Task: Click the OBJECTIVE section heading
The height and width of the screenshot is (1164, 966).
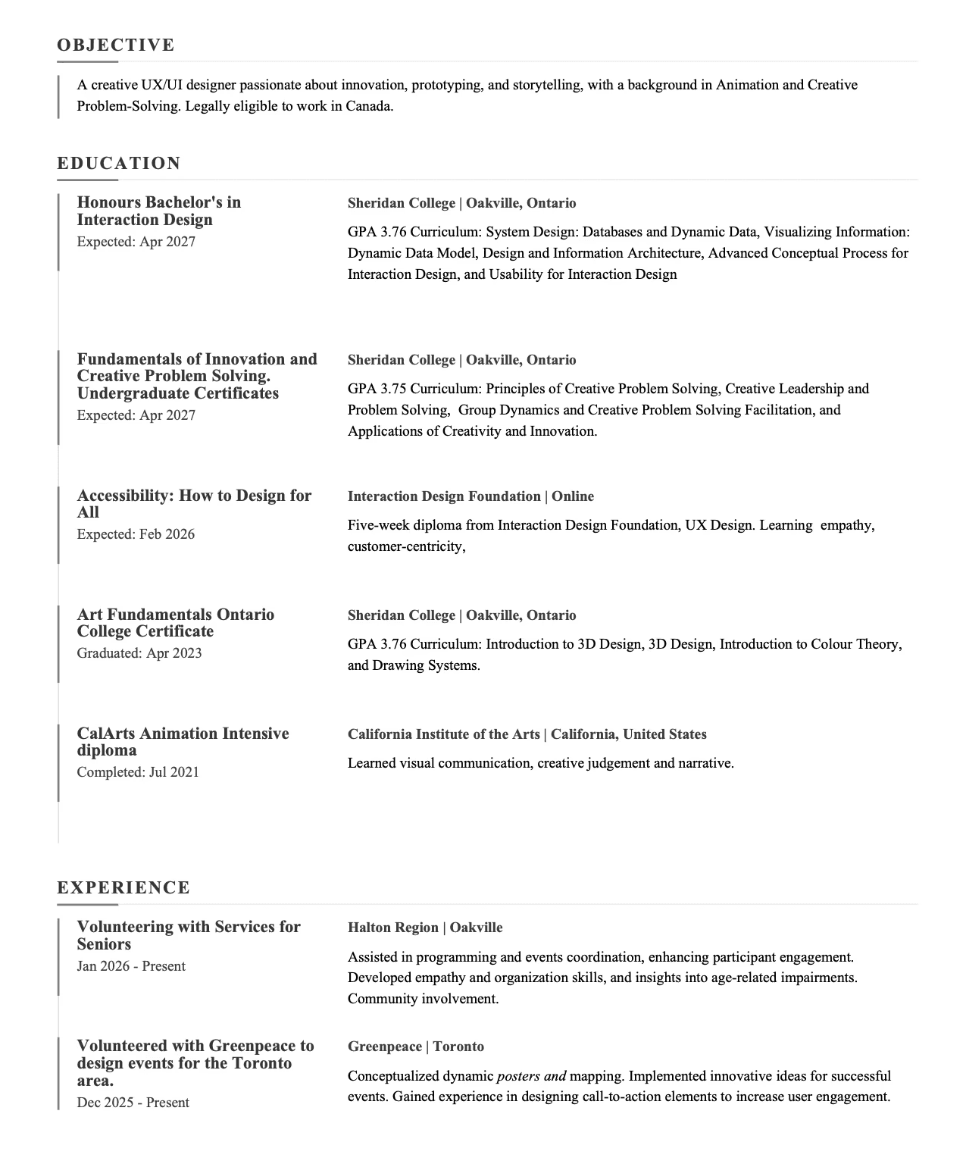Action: click(116, 45)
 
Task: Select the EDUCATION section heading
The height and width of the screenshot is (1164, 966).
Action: click(119, 163)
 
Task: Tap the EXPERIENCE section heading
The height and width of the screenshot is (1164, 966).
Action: click(123, 887)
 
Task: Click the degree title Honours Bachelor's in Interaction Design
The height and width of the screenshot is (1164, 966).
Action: click(159, 211)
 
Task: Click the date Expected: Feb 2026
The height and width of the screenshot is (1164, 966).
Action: click(136, 534)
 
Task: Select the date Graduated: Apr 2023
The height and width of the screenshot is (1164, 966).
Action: click(139, 653)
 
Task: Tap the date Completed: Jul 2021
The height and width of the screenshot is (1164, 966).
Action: click(138, 772)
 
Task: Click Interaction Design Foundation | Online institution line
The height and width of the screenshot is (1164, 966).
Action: click(470, 496)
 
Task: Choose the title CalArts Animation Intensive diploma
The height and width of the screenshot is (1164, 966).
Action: click(183, 742)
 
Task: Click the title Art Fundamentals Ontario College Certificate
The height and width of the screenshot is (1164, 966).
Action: click(175, 623)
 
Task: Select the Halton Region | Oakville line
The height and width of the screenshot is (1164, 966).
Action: click(425, 928)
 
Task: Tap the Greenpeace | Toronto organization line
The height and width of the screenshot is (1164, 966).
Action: click(416, 1047)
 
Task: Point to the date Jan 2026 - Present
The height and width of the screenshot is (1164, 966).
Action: click(131, 966)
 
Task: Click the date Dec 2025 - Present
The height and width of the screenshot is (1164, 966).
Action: click(133, 1103)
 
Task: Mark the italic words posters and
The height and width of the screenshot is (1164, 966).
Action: click(531, 1076)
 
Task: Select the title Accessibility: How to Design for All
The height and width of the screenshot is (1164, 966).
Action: click(194, 504)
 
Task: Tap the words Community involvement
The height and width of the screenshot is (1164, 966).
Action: click(423, 999)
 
